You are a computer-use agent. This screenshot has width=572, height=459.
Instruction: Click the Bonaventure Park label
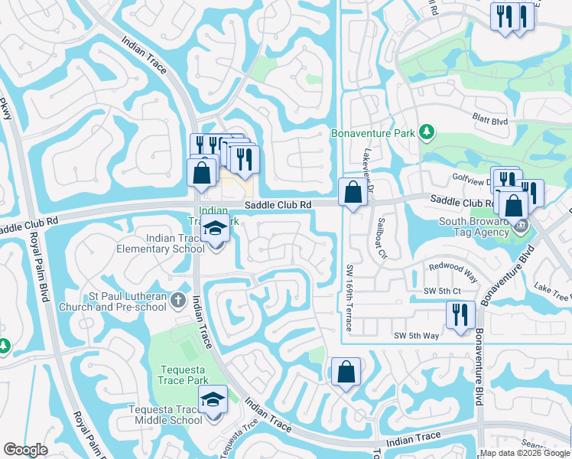point(373,133)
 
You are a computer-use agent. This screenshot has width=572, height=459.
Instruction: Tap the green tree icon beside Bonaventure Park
point(427,133)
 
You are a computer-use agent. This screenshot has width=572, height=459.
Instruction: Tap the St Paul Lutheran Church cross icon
point(178,299)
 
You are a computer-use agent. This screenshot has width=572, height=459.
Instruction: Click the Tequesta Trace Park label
point(184,375)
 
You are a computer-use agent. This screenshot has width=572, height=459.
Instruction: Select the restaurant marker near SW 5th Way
point(460,315)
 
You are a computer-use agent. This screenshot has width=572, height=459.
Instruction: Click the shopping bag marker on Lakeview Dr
point(353,191)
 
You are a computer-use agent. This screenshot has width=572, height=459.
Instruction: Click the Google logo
point(25,450)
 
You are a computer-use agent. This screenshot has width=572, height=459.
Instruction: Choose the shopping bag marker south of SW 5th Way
point(346,372)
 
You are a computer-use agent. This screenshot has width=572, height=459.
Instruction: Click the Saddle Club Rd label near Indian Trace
point(278,204)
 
